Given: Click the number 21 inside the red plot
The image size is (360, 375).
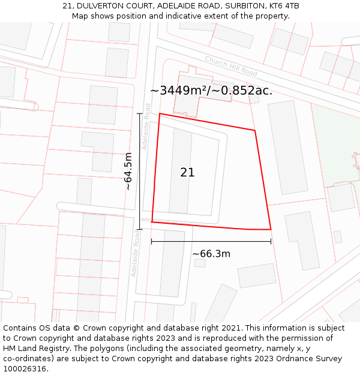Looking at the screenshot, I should pyautogui.click(x=187, y=172).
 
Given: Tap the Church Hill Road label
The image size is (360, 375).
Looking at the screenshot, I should pyautogui.click(x=231, y=66).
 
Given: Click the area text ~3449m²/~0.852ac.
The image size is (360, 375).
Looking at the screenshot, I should pyautogui.click(x=211, y=91).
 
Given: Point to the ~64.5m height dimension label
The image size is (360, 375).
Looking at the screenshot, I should pyautogui.click(x=128, y=171).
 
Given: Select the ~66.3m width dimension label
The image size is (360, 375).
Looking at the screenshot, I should pyautogui.click(x=211, y=254).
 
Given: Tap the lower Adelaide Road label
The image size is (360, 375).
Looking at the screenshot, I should pyautogui.click(x=136, y=256).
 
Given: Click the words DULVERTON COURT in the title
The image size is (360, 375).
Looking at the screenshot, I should pyautogui.click(x=106, y=6).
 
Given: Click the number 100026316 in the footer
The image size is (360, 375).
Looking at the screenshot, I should pyautogui.click(x=24, y=369).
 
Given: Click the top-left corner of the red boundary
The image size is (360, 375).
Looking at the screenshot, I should pyautogui.click(x=159, y=113).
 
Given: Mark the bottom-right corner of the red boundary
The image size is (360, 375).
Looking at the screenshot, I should pyautogui.click(x=271, y=229).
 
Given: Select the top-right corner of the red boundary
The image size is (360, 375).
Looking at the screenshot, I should pyautogui.click(x=255, y=130).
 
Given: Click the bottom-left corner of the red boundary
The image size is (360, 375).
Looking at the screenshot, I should pyautogui.click(x=152, y=222).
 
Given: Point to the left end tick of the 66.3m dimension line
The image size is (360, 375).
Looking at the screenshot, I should pyautogui.click(x=152, y=242).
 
